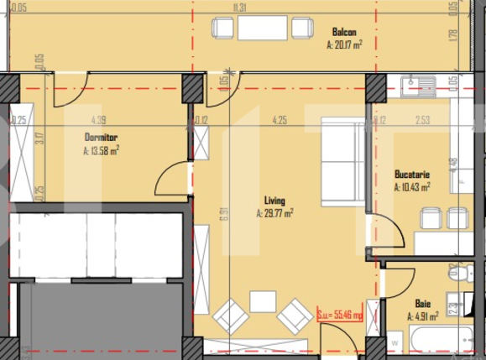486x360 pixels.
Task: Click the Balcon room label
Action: pyautogui.click(x=344, y=33)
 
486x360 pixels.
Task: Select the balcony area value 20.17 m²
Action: pyautogui.click(x=344, y=47)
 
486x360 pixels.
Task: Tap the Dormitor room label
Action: pyautogui.click(x=101, y=136)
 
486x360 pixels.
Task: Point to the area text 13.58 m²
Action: pyautogui.click(x=101, y=151)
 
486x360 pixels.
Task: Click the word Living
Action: pyautogui.click(x=274, y=201)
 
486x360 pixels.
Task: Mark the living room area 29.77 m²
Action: pyautogui.click(x=274, y=214)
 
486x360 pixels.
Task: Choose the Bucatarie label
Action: pyautogui.click(x=412, y=175)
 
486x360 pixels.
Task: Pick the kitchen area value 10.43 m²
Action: pyautogui.click(x=412, y=188)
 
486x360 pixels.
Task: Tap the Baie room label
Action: pyautogui.click(x=424, y=304)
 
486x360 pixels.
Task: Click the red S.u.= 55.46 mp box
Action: pyautogui.click(x=340, y=316)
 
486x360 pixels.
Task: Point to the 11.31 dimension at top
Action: pyautogui.click(x=241, y=8)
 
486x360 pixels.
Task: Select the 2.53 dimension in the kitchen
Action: pyautogui.click(x=422, y=120)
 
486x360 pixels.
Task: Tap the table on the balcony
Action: pyautogui.click(x=263, y=29)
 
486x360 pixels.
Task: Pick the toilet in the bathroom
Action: pyautogui.click(x=458, y=274)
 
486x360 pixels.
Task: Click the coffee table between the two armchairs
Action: pyautogui.click(x=263, y=301)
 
